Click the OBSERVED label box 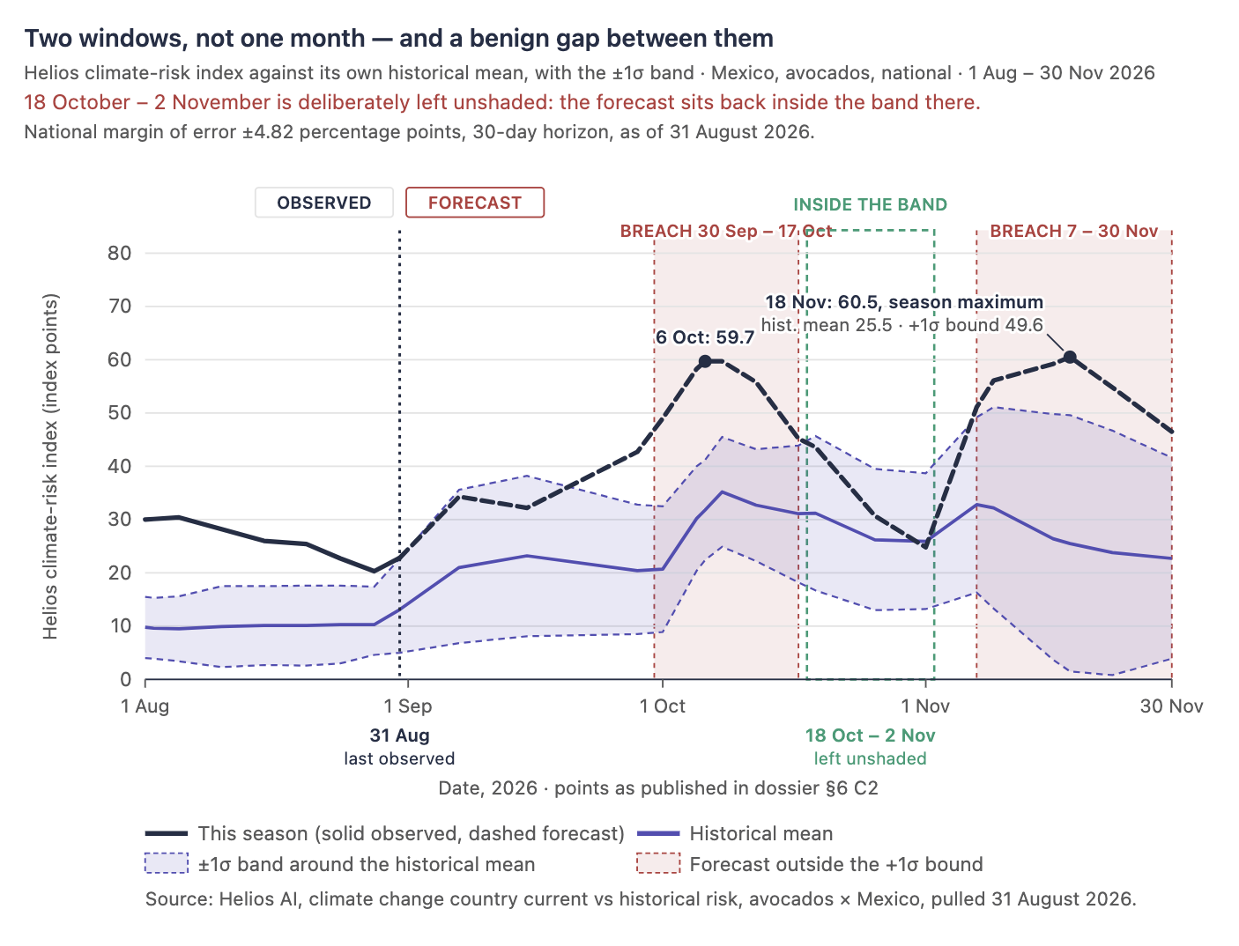click(323, 203)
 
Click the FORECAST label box click(475, 203)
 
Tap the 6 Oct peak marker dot click(704, 362)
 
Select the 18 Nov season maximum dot click(1070, 357)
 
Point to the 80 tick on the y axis click(119, 254)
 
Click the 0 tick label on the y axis click(125, 680)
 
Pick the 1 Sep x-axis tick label click(407, 706)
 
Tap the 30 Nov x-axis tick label click(1171, 706)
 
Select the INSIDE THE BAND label click(870, 204)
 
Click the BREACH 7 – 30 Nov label click(1073, 232)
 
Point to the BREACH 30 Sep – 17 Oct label click(726, 232)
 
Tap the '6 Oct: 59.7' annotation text click(705, 337)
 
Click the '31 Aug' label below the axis click(400, 735)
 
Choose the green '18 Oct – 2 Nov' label click(870, 735)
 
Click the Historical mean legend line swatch click(657, 834)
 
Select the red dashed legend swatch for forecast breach click(657, 864)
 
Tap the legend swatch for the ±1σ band click(166, 864)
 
